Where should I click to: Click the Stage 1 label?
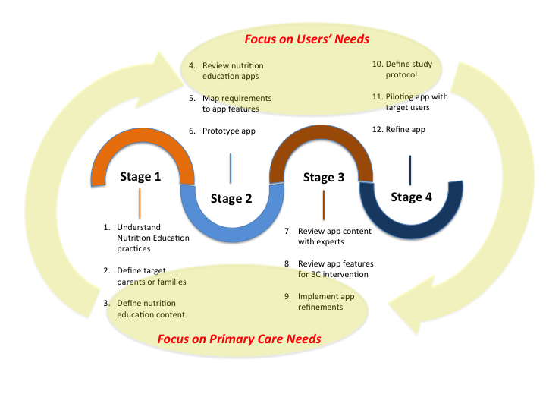(140, 177)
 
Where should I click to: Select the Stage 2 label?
(231, 199)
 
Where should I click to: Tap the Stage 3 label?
(324, 178)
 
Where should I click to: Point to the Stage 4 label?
(412, 197)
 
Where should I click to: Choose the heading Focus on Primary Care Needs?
(239, 339)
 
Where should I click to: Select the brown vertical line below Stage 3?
(324, 203)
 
